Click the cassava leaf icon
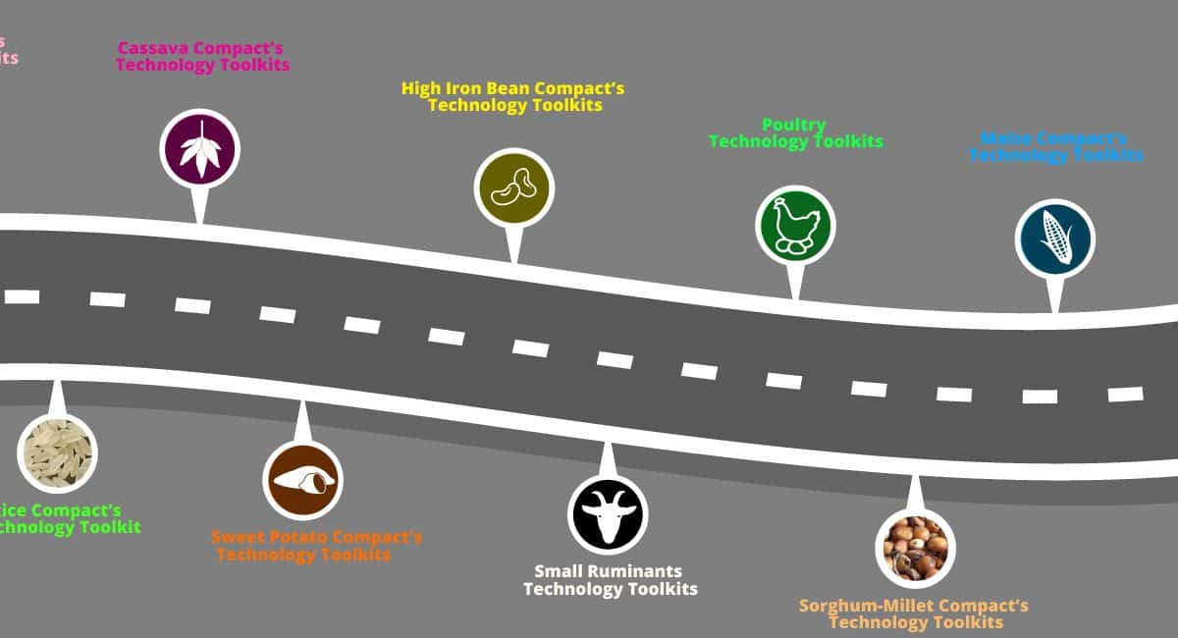click(x=199, y=149)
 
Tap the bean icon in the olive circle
click(x=513, y=187)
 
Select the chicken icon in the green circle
click(x=795, y=226)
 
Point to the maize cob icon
click(x=1054, y=239)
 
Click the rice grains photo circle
click(x=57, y=452)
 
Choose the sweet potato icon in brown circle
click(x=302, y=480)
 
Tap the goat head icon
click(x=608, y=514)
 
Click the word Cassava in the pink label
click(x=155, y=48)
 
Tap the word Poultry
click(x=794, y=125)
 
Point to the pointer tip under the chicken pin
click(x=795, y=297)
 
